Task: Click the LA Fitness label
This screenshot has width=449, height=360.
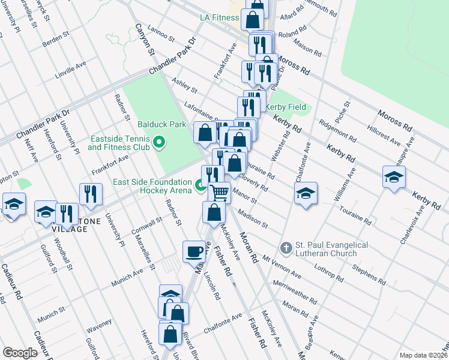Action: coord(220,17)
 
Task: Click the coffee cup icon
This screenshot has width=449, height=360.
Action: coord(194,251)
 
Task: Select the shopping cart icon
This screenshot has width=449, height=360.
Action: coord(220,193)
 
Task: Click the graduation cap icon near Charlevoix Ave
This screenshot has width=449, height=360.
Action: coord(394,177)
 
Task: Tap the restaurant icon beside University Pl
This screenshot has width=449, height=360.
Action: coord(91,193)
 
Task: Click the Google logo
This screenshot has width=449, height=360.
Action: coord(20,353)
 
